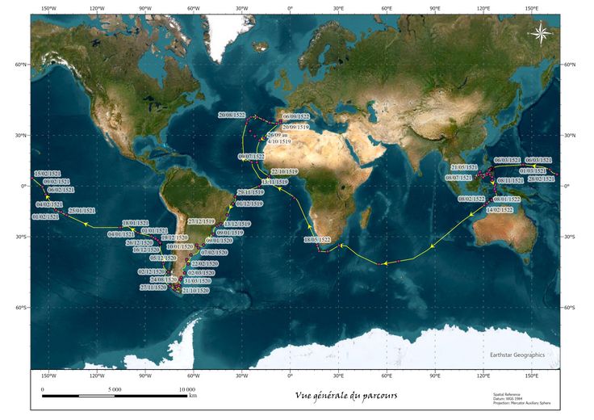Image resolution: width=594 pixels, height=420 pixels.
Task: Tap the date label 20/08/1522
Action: tap(232, 115)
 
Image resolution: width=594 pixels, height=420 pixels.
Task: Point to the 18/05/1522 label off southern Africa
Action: tap(316, 240)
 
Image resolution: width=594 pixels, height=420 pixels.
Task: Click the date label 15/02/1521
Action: tap(48, 174)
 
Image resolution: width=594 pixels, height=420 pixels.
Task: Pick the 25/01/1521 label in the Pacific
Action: tap(82, 210)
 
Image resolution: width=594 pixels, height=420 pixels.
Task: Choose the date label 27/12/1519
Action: tap(201, 220)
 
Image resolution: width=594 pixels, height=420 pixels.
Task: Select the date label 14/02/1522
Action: tap(500, 209)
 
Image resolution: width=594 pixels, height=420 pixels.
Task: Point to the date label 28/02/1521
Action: tap(542, 178)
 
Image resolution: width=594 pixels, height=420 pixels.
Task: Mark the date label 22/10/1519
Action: tap(284, 172)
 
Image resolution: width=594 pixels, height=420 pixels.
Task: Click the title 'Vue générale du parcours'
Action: tap(346, 395)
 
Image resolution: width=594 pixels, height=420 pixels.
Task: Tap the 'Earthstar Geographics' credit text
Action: tap(517, 355)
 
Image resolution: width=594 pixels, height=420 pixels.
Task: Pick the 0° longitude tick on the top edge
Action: tap(290, 9)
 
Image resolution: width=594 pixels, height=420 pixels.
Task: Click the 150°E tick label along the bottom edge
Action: tap(532, 376)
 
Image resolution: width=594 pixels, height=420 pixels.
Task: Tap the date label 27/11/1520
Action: tap(153, 288)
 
